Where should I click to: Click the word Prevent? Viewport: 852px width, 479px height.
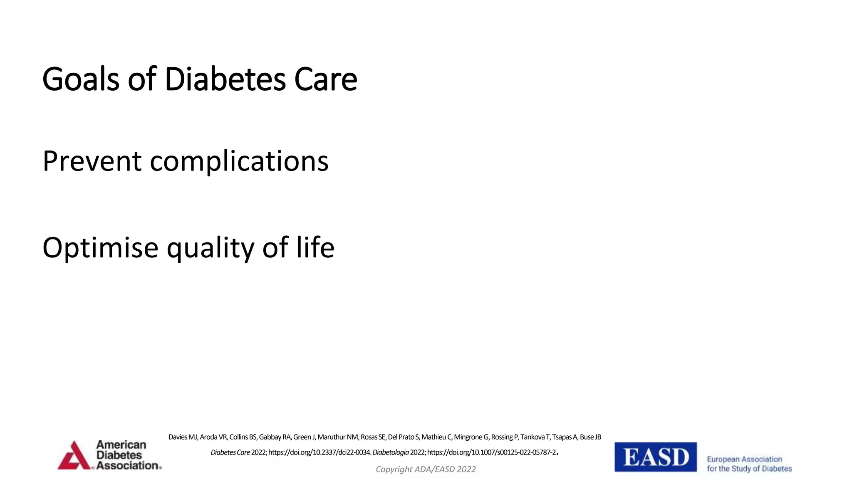(92, 161)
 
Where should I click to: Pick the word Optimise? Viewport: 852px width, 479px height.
(100, 247)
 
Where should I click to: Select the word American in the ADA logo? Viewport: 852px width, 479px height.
(121, 445)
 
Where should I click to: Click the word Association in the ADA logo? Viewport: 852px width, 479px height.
(127, 466)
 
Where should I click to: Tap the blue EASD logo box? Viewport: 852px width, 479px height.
(655, 457)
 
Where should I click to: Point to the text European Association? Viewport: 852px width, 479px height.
(744, 459)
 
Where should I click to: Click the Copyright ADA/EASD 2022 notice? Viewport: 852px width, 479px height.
(426, 469)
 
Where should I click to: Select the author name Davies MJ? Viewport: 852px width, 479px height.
(183, 437)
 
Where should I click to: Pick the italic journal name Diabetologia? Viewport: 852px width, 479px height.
(390, 452)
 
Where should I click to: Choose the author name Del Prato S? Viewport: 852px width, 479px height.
(403, 437)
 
